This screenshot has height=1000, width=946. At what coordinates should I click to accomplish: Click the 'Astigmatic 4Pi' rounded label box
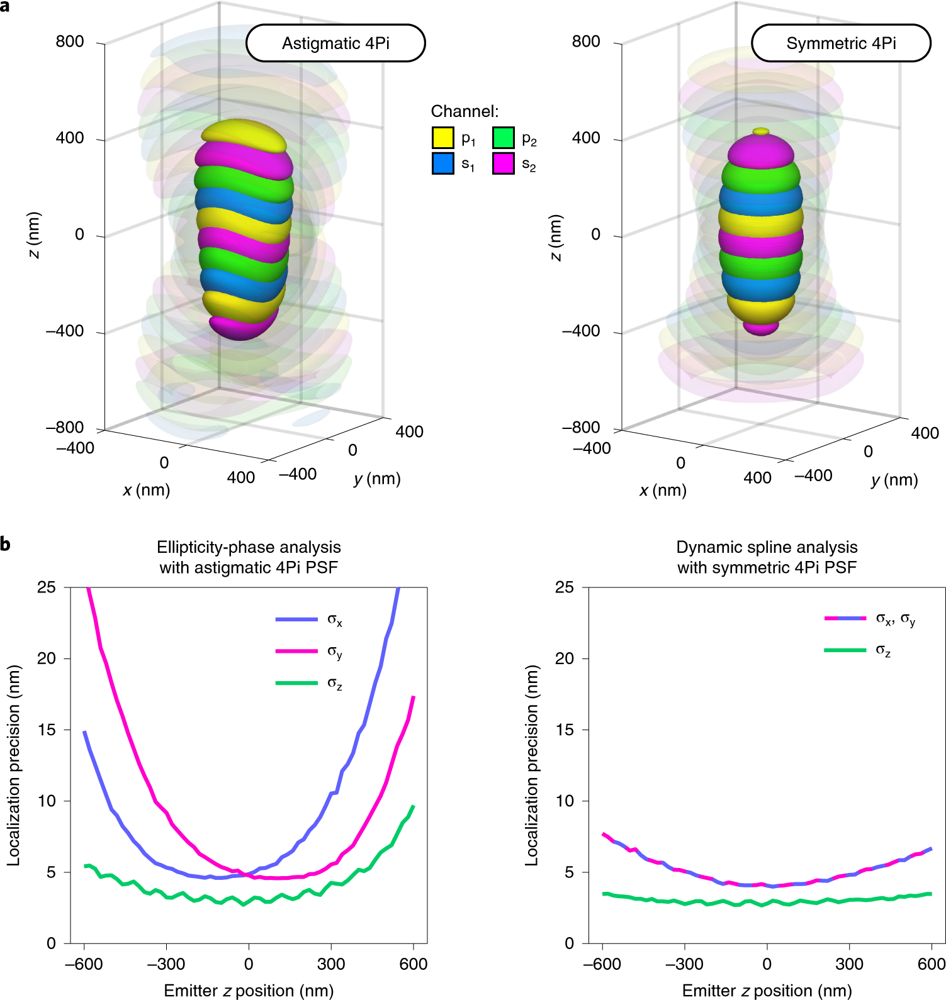pyautogui.click(x=335, y=43)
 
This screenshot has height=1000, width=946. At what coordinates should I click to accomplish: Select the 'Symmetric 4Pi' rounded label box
pyautogui.click(x=841, y=43)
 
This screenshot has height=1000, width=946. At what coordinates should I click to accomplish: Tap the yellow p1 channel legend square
pyautogui.click(x=442, y=138)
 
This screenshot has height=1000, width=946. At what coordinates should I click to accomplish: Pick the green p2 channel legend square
pyautogui.click(x=504, y=138)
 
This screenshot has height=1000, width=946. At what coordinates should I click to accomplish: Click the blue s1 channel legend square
pyautogui.click(x=442, y=164)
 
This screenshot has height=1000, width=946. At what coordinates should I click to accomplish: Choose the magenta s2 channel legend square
pyautogui.click(x=504, y=164)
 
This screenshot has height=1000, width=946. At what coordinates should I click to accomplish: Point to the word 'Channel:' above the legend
pyautogui.click(x=465, y=111)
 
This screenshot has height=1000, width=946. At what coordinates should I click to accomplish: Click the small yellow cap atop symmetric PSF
pyautogui.click(x=761, y=131)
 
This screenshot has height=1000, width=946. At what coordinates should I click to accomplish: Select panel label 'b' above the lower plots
pyautogui.click(x=5, y=543)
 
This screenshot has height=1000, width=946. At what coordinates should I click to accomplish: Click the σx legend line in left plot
pyautogui.click(x=296, y=619)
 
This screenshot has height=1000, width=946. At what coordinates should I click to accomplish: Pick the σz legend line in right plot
pyautogui.click(x=845, y=650)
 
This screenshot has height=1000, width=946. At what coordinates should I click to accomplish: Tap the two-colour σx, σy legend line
pyautogui.click(x=845, y=618)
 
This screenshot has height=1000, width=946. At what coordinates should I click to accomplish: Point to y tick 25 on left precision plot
pyautogui.click(x=47, y=587)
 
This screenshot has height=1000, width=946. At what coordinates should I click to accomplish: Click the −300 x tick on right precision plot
pyautogui.click(x=684, y=964)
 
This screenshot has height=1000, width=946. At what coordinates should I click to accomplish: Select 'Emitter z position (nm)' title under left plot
pyautogui.click(x=249, y=991)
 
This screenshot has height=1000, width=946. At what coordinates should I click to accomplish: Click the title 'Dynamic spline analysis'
pyautogui.click(x=767, y=547)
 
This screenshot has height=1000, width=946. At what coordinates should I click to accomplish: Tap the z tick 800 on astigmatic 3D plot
pyautogui.click(x=69, y=42)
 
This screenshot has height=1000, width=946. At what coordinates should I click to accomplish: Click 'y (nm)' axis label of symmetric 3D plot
pyautogui.click(x=894, y=480)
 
